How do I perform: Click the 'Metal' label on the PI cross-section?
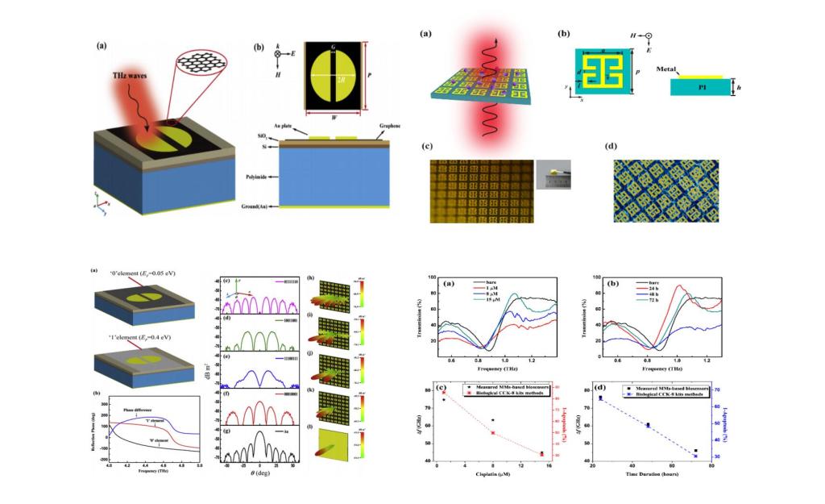tap(670, 69)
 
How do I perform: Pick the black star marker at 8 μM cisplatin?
tap(492, 420)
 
